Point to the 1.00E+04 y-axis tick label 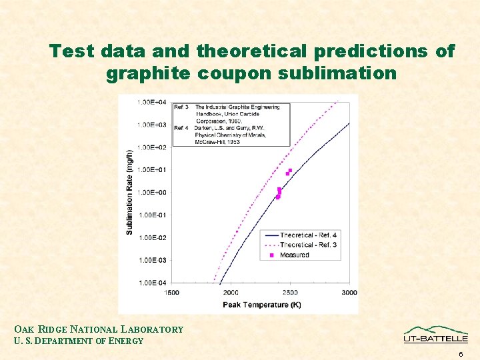[x=152, y=102]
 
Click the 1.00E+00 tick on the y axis [x=152, y=193]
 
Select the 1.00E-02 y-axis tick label [x=152, y=237]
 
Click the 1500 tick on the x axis [x=171, y=293]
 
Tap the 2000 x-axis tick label [x=231, y=293]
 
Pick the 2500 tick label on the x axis [x=289, y=293]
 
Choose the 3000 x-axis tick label [x=349, y=293]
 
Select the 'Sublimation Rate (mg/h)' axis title [x=129, y=192]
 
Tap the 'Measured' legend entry [x=294, y=255]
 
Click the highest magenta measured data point [x=290, y=171]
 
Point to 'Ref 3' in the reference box [x=181, y=107]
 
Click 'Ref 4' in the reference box [x=181, y=127]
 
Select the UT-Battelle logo [x=435, y=335]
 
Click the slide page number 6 [x=460, y=354]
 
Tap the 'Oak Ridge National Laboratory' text [x=99, y=329]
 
